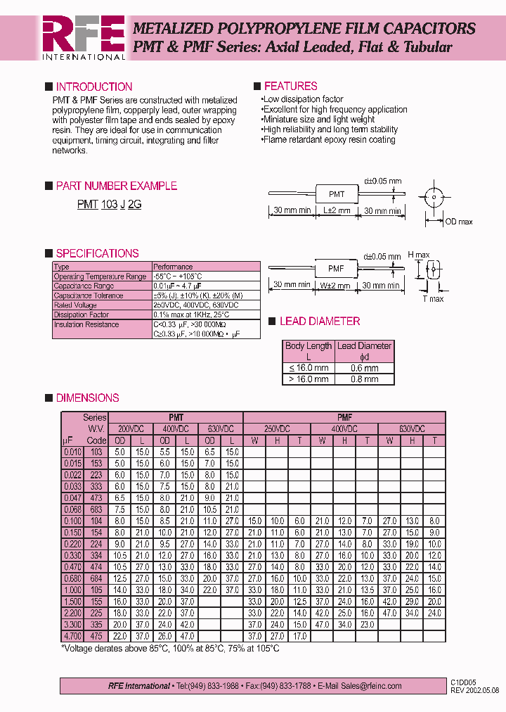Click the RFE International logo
(83, 37)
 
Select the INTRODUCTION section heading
(93, 87)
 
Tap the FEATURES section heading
(290, 87)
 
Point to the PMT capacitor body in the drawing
(337, 193)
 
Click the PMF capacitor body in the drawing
(336, 268)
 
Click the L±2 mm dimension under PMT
(337, 210)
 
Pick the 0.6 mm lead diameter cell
(364, 368)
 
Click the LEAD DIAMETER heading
(319, 322)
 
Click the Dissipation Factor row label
(82, 315)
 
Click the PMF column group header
(344, 417)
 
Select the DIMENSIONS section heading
(87, 398)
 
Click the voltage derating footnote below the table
(170, 648)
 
